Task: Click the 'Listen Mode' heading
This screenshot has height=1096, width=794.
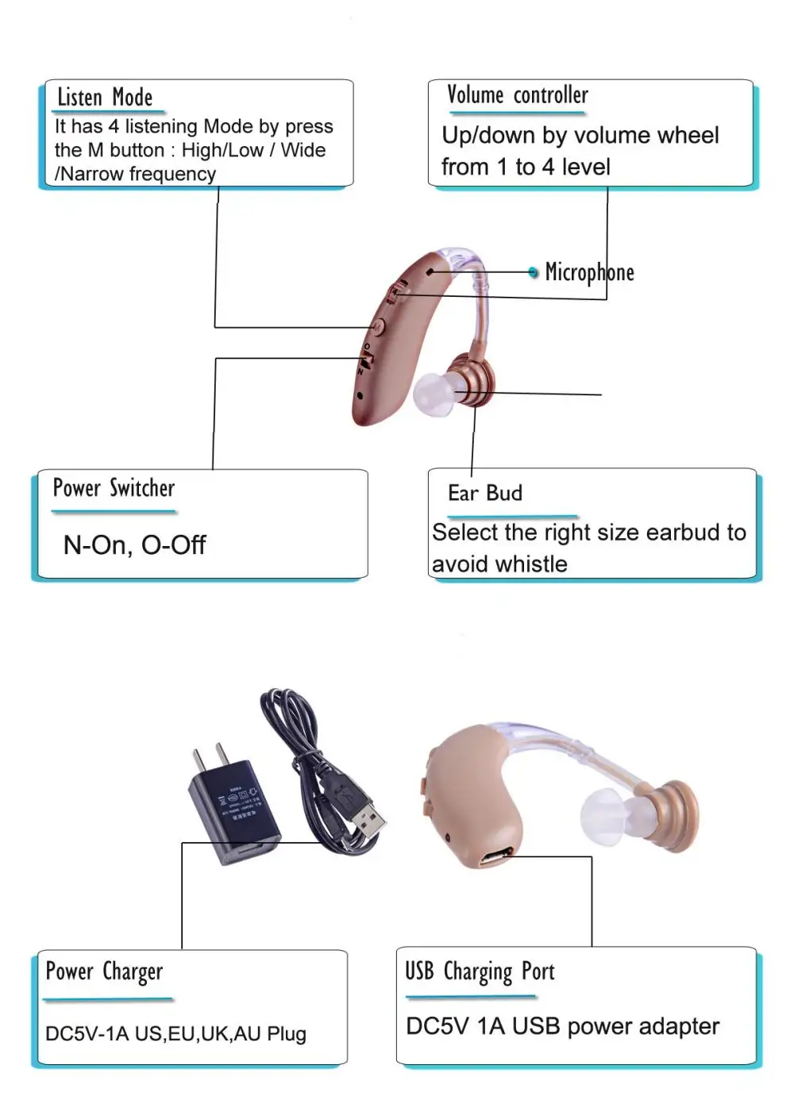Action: tap(105, 98)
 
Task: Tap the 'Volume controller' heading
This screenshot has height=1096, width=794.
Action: tap(517, 95)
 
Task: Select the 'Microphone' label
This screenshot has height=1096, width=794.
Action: tap(589, 272)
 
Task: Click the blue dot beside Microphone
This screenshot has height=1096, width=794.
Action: tap(534, 272)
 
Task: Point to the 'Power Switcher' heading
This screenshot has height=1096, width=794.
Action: tap(114, 488)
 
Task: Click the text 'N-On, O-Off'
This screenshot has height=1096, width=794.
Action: tap(134, 545)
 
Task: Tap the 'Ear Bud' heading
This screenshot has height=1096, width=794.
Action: tap(484, 493)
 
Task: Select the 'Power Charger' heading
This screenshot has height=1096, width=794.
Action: tap(104, 971)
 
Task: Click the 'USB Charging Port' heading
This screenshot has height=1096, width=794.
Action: tap(480, 971)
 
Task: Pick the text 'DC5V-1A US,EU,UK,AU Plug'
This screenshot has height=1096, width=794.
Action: tap(175, 1034)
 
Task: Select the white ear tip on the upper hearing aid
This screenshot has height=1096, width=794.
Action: tap(432, 390)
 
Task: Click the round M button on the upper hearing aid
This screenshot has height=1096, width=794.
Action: tap(378, 325)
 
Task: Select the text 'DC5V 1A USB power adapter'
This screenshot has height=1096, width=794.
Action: tap(562, 1026)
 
